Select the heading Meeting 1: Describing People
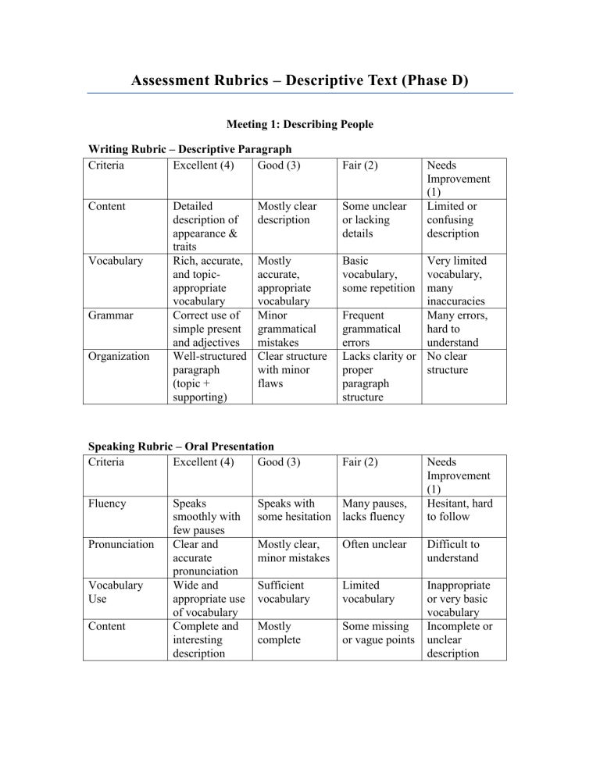[x=300, y=123]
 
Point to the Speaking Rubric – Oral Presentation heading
[x=180, y=447]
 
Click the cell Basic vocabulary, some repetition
[x=371, y=274]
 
